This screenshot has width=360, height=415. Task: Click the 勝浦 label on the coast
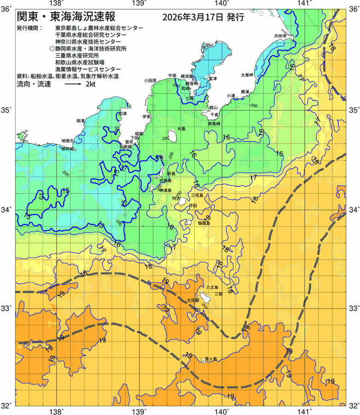(248, 92)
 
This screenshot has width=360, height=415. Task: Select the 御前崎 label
(67, 149)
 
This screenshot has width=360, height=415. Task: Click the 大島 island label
(181, 129)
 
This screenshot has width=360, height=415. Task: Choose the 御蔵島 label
(204, 223)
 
